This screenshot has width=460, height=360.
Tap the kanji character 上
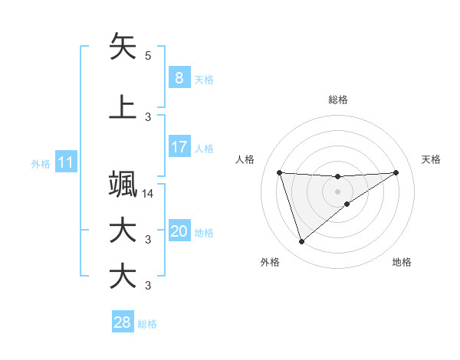pos(123,108)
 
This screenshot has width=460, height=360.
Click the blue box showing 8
pos(179,78)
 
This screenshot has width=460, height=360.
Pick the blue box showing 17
pos(179,147)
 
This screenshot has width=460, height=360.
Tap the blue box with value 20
pos(179,231)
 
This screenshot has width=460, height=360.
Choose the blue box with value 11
pos(65,162)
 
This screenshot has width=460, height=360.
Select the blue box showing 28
pos(122,322)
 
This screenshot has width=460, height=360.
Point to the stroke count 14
pos(148,194)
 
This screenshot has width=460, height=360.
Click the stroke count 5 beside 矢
pos(148,56)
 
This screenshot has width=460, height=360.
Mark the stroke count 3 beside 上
pos(148,117)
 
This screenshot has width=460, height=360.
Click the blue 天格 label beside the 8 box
pos(204,79)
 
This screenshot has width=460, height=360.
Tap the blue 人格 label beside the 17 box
pos(204,148)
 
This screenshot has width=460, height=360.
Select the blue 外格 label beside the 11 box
pos(40,163)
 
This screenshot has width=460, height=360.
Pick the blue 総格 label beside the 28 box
pos(147,323)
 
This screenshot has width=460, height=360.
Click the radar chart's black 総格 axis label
pos(337,100)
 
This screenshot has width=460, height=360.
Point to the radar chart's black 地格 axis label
pos(402,262)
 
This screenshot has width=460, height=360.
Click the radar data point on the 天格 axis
pos(396,172)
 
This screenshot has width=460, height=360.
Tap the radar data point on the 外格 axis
pos(301,242)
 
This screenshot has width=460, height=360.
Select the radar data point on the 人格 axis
pos(280,172)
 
